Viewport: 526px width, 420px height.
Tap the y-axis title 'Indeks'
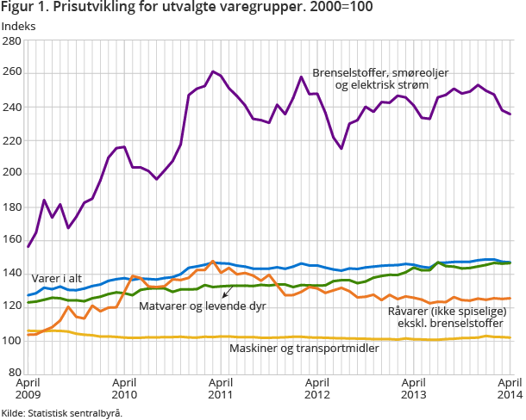point(19,27)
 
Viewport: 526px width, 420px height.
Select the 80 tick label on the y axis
point(15,373)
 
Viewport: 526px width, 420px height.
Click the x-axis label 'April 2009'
point(28,388)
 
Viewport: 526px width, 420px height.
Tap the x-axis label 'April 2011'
point(221,388)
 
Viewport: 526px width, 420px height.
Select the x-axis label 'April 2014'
point(509,388)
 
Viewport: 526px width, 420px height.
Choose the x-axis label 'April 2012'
point(317,388)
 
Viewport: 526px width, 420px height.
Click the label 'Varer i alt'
point(57,278)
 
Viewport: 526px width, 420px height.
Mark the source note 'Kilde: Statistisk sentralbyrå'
point(61,412)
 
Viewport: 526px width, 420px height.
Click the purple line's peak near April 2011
point(213,71)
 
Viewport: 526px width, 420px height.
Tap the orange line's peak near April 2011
point(213,262)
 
